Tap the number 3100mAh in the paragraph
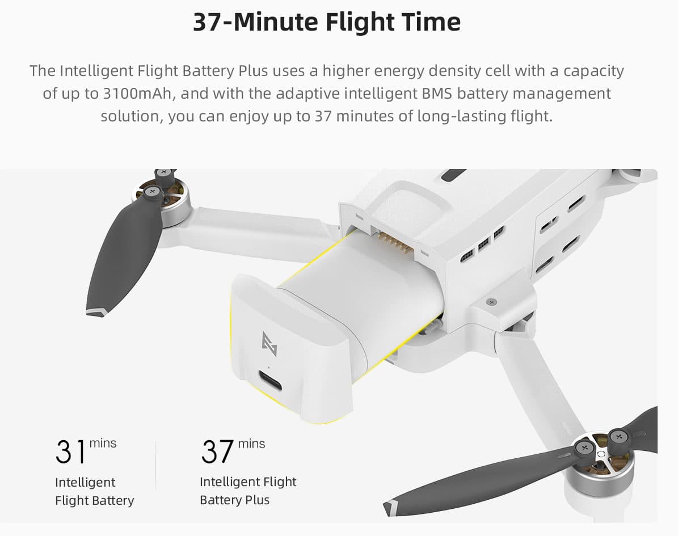click(x=137, y=94)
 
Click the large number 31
click(x=70, y=452)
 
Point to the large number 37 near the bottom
click(x=217, y=452)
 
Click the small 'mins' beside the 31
click(x=103, y=444)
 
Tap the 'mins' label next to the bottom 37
click(x=252, y=444)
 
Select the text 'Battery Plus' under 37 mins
click(x=234, y=500)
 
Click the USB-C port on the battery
click(x=270, y=381)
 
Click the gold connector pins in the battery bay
click(x=393, y=243)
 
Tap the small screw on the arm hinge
click(x=491, y=301)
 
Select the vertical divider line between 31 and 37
click(x=155, y=466)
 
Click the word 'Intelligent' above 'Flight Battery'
click(x=85, y=482)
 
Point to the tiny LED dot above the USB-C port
click(x=269, y=368)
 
